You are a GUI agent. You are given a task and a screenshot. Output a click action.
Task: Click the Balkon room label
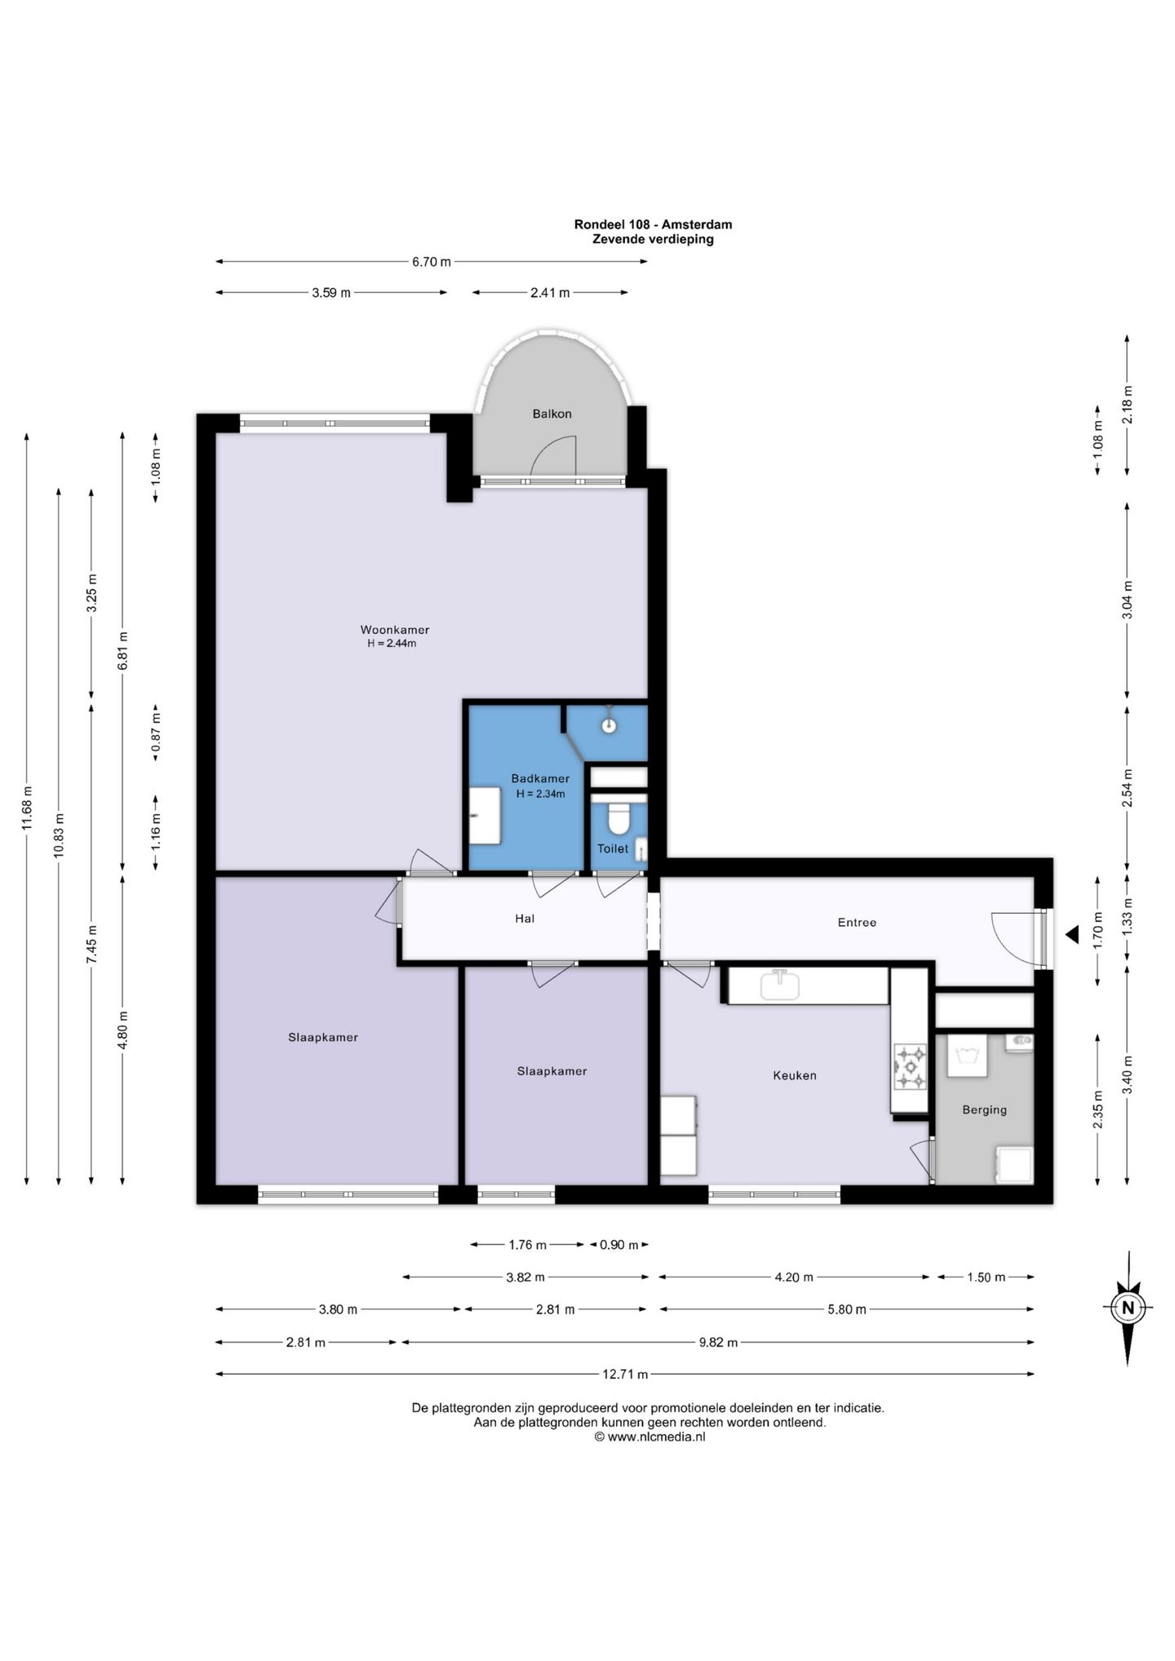552,414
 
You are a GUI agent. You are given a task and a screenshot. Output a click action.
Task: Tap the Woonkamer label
395,630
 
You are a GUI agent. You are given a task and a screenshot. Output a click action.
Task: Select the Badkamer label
540,778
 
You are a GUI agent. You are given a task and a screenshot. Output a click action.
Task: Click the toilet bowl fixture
619,817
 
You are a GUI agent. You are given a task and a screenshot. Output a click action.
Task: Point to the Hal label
525,919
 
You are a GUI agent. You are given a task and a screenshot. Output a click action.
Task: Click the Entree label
857,923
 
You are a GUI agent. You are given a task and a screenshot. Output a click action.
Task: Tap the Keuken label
795,1075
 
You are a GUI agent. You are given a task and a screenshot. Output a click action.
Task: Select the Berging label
984,1110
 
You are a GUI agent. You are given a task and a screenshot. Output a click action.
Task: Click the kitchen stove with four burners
911,1067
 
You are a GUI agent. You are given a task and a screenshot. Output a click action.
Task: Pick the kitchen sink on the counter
780,986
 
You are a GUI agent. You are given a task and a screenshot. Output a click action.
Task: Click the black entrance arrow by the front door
1072,935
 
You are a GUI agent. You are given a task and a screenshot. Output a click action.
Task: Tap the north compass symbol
1128,1308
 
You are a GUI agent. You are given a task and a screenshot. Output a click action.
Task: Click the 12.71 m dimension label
625,1374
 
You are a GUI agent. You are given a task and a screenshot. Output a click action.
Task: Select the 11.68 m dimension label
27,808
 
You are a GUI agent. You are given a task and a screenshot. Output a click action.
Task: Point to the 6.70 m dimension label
432,262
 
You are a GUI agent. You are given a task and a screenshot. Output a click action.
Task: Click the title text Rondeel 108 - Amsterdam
653,224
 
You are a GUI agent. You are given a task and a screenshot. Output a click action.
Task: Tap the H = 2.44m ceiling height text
392,643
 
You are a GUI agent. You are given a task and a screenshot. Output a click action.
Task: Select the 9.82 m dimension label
718,1342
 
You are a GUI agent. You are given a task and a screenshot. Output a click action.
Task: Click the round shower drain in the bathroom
608,724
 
